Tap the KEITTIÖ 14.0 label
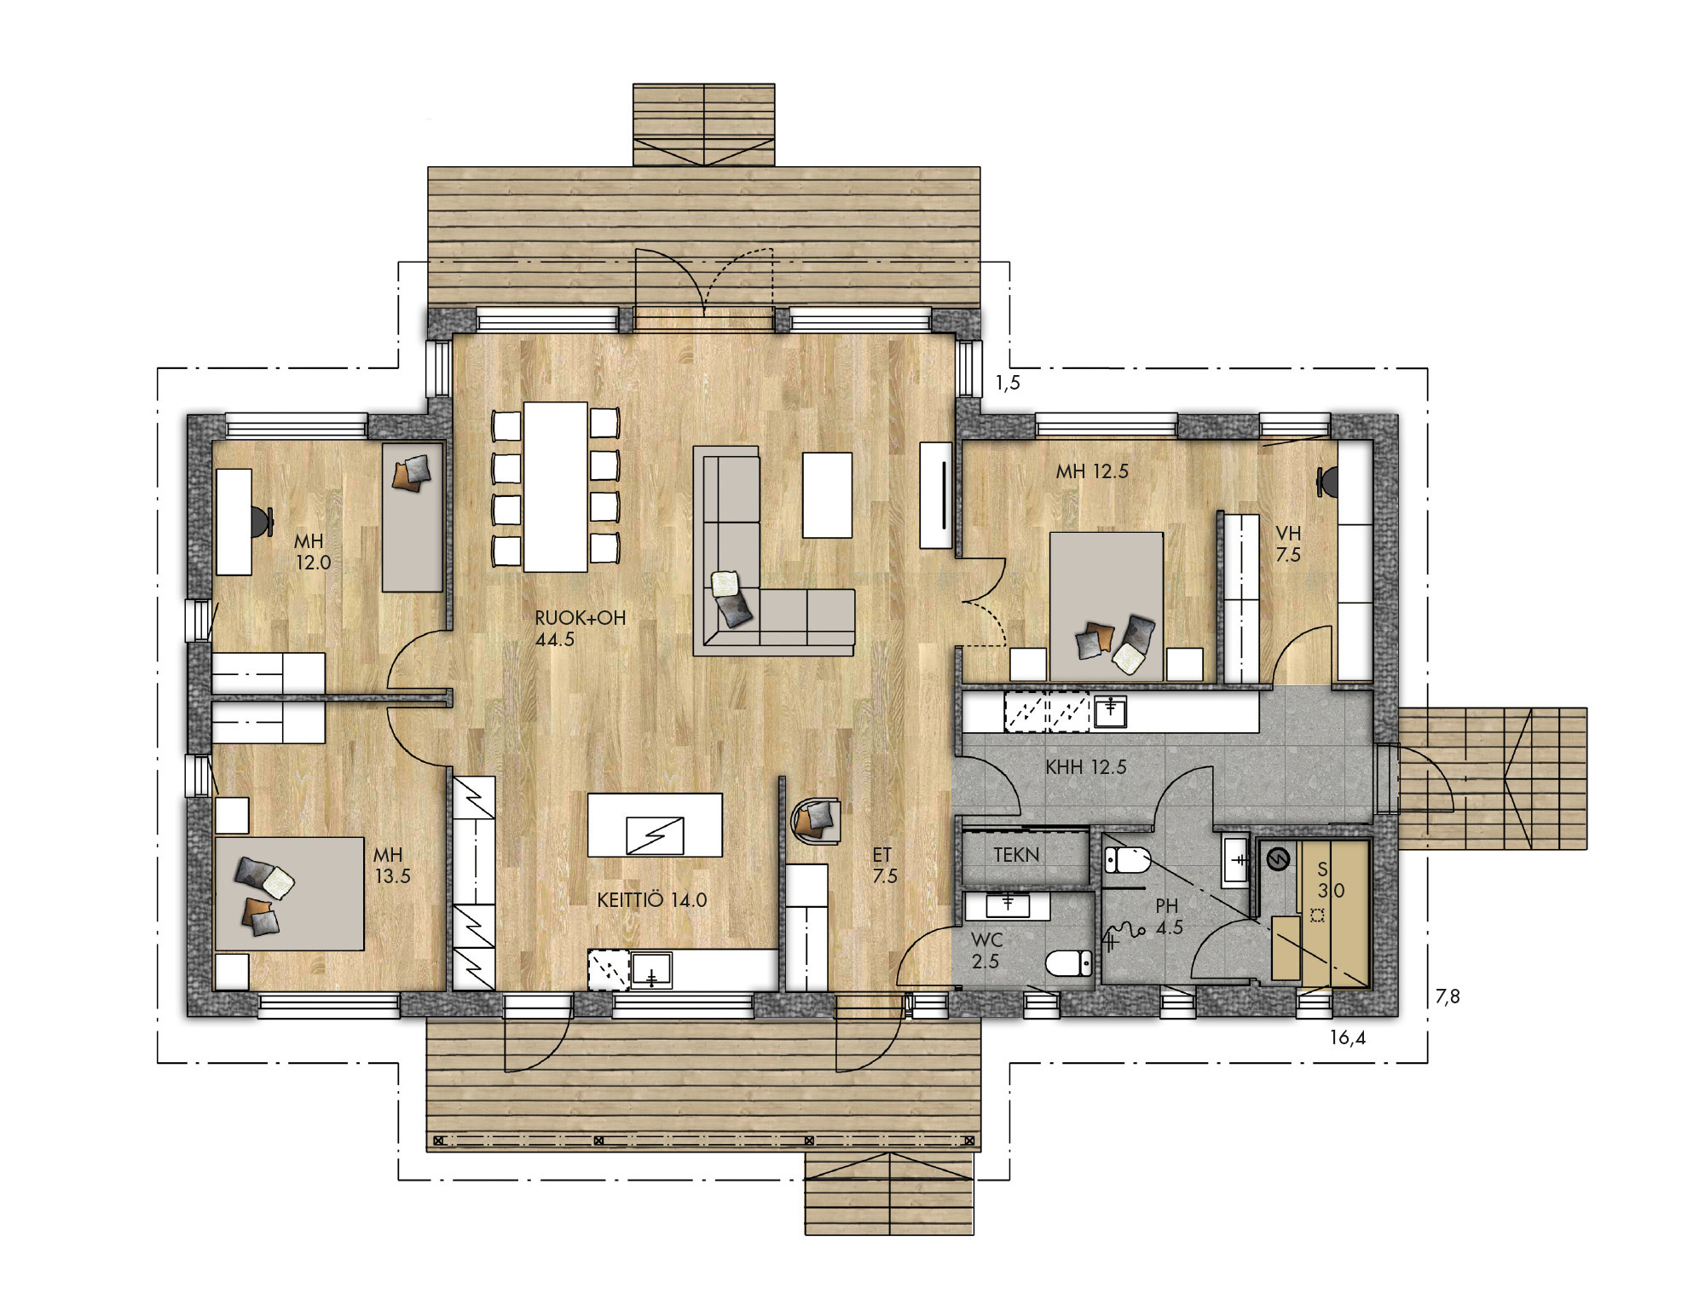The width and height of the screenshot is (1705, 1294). [652, 899]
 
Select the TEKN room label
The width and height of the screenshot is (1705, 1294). [1016, 854]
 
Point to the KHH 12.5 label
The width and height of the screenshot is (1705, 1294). [1086, 766]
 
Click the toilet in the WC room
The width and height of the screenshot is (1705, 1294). [1068, 963]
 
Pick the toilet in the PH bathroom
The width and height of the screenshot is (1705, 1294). [1127, 860]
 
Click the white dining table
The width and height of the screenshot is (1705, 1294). [556, 486]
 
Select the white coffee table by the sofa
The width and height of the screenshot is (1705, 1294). [827, 494]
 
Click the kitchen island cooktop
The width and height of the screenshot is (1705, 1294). [654, 835]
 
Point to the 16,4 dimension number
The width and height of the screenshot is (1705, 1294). [1348, 1038]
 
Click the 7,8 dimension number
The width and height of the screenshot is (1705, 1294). [1448, 996]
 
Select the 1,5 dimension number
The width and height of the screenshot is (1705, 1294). [1008, 383]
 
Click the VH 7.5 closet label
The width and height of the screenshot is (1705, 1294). [1288, 544]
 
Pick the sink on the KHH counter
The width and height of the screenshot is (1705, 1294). [1111, 713]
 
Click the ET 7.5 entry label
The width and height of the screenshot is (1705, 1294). [884, 864]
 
